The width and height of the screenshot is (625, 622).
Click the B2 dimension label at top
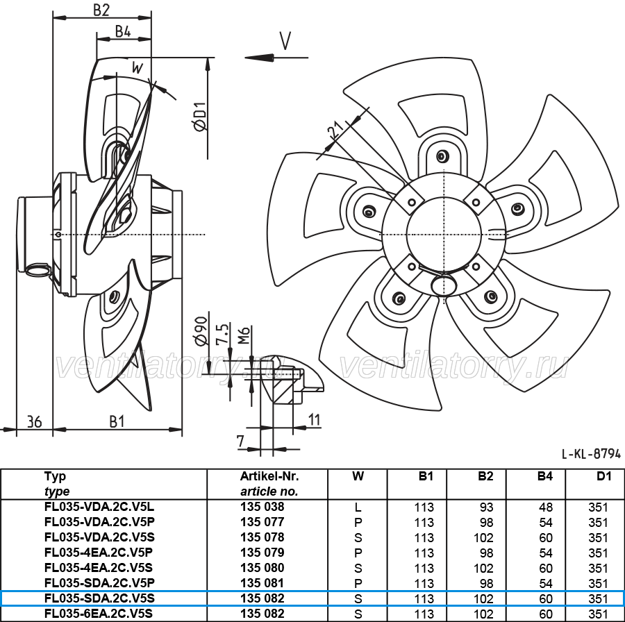pyautogui.click(x=101, y=9)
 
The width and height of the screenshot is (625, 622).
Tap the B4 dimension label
pyautogui.click(x=123, y=31)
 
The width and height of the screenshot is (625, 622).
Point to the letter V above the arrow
pyautogui.click(x=285, y=41)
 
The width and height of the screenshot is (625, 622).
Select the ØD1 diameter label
pyautogui.click(x=201, y=115)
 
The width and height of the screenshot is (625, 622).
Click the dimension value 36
pyautogui.click(x=34, y=421)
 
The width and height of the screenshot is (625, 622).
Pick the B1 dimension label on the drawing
pyautogui.click(x=117, y=421)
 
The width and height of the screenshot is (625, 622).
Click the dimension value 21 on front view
pyautogui.click(x=335, y=131)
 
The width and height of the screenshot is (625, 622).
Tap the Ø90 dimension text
pyautogui.click(x=201, y=330)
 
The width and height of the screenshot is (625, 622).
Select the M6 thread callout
pyautogui.click(x=244, y=335)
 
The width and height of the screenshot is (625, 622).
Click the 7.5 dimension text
pyautogui.click(x=222, y=333)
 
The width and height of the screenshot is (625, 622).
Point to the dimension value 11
pyautogui.click(x=314, y=419)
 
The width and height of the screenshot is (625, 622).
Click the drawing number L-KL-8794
pyautogui.click(x=591, y=453)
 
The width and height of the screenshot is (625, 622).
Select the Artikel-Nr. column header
pyautogui.click(x=269, y=476)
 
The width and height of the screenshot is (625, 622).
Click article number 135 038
pyautogui.click(x=262, y=507)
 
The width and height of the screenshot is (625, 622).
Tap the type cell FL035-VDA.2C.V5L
pyautogui.click(x=99, y=507)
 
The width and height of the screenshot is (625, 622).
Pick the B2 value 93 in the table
pyautogui.click(x=487, y=507)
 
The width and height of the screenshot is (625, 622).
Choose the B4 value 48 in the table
pyautogui.click(x=546, y=507)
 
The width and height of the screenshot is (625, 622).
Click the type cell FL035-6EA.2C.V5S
pyautogui.click(x=99, y=614)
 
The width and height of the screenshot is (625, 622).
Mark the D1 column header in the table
pyautogui.click(x=604, y=476)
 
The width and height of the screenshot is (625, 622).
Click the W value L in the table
pyautogui.click(x=358, y=507)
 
